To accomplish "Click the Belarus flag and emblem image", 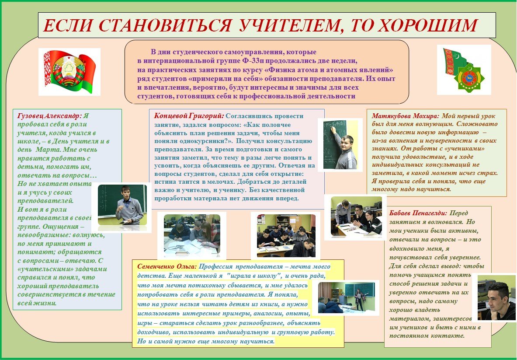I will point(69,72).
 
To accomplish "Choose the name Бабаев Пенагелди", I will point(418,213).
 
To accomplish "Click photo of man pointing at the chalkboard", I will point(340,144).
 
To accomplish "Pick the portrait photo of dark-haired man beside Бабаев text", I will point(494,297).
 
